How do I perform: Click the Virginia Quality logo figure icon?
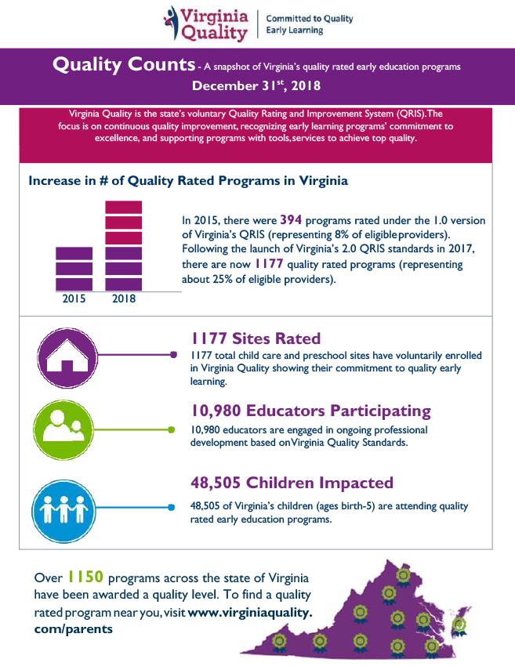click(173, 23)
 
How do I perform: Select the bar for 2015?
click(74, 269)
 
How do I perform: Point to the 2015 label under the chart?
click(74, 298)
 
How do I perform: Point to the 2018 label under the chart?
click(124, 298)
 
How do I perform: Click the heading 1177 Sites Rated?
click(256, 338)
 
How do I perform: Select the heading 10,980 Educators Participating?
click(311, 411)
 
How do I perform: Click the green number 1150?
click(85, 578)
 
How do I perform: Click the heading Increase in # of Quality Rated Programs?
click(188, 180)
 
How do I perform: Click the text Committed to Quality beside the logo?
click(310, 18)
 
